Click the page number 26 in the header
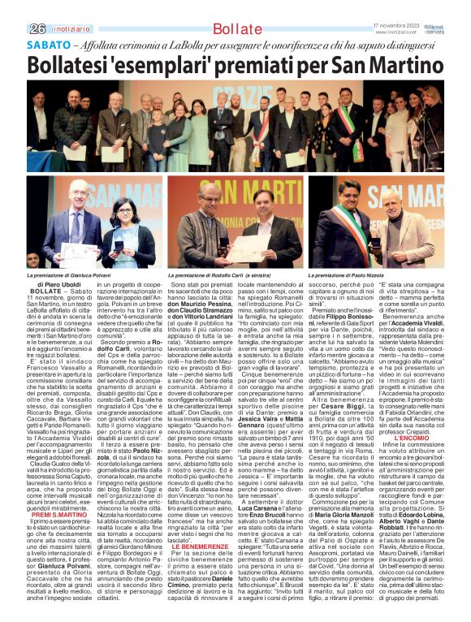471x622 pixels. tap(37, 28)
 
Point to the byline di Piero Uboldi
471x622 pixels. tap(59, 285)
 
